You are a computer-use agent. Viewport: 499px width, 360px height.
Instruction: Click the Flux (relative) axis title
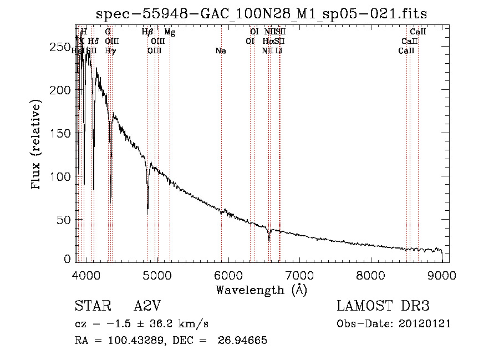pyautogui.click(x=37, y=145)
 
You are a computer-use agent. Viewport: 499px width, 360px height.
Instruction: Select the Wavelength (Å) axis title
pyautogui.click(x=261, y=290)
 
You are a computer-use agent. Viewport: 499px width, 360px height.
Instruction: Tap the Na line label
pyautogui.click(x=221, y=51)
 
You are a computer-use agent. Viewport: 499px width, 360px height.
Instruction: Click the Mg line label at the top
pyautogui.click(x=170, y=33)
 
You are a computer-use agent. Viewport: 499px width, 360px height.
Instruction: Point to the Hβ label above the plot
pyautogui.click(x=147, y=33)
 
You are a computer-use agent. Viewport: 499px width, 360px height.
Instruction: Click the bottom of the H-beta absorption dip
pyautogui.click(x=147, y=209)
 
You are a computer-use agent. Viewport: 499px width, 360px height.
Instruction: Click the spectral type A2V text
pyautogui.click(x=147, y=306)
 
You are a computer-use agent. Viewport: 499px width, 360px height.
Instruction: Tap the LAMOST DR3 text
pyautogui.click(x=383, y=306)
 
